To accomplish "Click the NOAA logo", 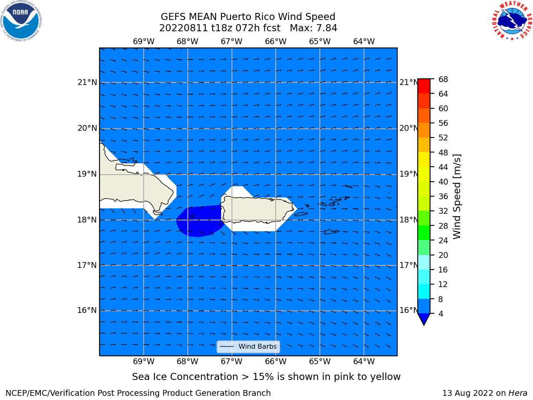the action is coord(21,21).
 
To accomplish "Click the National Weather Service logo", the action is coord(512,21).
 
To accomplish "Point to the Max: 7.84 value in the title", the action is coord(313,28).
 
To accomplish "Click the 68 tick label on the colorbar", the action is coord(443,80).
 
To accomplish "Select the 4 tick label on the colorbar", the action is coord(441,314).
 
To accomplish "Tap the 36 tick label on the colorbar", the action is coord(443,196).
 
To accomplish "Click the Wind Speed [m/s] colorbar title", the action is coord(457,197).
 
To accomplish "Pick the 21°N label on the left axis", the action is coord(87,82).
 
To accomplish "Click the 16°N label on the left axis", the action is coord(87,310).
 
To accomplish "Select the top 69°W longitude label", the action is coord(144,42).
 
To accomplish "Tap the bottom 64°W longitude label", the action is coord(364,361).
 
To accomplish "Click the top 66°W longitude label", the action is coord(276,42).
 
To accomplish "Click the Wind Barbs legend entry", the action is coord(248,346).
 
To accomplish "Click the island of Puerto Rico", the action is coord(257,209).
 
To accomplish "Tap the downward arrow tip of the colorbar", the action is coord(424,325).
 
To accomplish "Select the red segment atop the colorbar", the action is coord(424,86).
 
